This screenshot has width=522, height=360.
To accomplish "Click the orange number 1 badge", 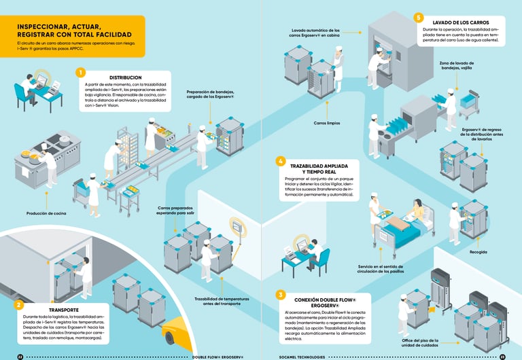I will (x=81, y=72).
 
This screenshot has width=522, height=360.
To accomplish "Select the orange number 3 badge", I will (x=280, y=294).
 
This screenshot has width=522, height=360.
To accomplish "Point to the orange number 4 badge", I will (x=280, y=161).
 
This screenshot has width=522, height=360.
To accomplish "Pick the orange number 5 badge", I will (x=419, y=18).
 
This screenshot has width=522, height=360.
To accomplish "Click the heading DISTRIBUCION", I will (x=125, y=77).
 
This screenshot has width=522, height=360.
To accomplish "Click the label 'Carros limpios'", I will (x=328, y=124).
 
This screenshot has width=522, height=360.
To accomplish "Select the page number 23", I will (x=502, y=356).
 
